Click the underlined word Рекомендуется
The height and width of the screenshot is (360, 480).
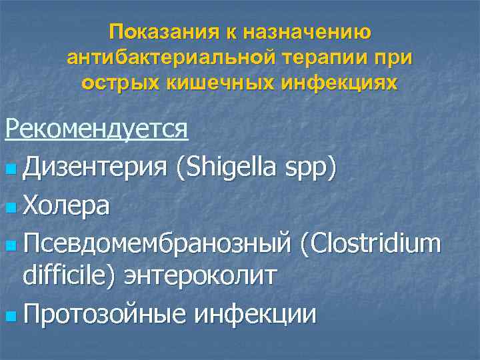pos(97,128)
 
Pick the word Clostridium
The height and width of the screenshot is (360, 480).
pos(370,245)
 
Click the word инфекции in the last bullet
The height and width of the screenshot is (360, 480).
pos(255,313)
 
